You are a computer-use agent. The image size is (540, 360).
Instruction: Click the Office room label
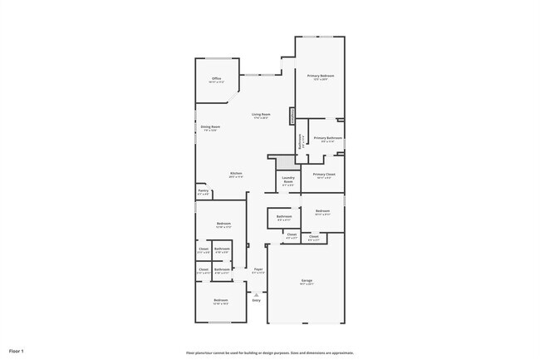216,78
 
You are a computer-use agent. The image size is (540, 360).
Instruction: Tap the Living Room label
261,114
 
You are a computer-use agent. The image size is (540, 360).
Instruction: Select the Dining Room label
209,126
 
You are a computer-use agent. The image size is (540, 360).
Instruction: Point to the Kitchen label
237,173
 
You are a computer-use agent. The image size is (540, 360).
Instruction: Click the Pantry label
203,190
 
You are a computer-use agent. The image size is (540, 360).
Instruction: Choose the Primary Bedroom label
320,76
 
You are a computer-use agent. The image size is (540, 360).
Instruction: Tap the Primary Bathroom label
328,137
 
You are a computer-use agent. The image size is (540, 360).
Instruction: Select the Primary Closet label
324,174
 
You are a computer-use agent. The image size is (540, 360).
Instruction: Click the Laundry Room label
288,179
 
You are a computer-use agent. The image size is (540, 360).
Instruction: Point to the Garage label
307,280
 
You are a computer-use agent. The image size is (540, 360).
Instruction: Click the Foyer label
258,269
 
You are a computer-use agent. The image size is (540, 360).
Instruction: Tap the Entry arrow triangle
257,293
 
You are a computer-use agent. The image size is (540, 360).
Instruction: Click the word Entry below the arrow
257,300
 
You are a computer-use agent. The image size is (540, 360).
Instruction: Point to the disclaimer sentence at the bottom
269,352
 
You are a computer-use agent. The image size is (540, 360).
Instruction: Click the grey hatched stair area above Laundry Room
287,164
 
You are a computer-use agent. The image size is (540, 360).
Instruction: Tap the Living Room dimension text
261,118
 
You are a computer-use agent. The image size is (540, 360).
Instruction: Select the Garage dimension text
307,284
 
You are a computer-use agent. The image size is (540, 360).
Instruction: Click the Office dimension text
216,82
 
